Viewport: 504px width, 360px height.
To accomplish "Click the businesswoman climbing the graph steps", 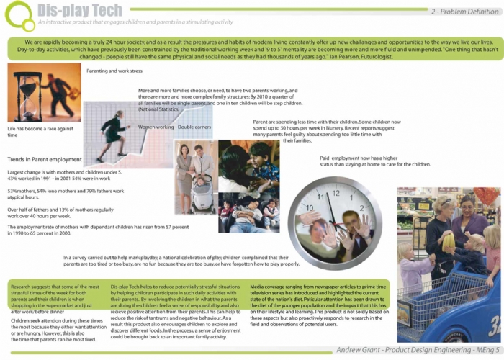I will click(x=112, y=134).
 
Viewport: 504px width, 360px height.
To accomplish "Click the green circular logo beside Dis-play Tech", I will click(x=18, y=16).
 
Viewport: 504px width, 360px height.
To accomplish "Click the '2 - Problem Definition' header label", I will click(x=464, y=12).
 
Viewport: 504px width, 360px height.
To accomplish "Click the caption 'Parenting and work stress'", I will click(x=114, y=71).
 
